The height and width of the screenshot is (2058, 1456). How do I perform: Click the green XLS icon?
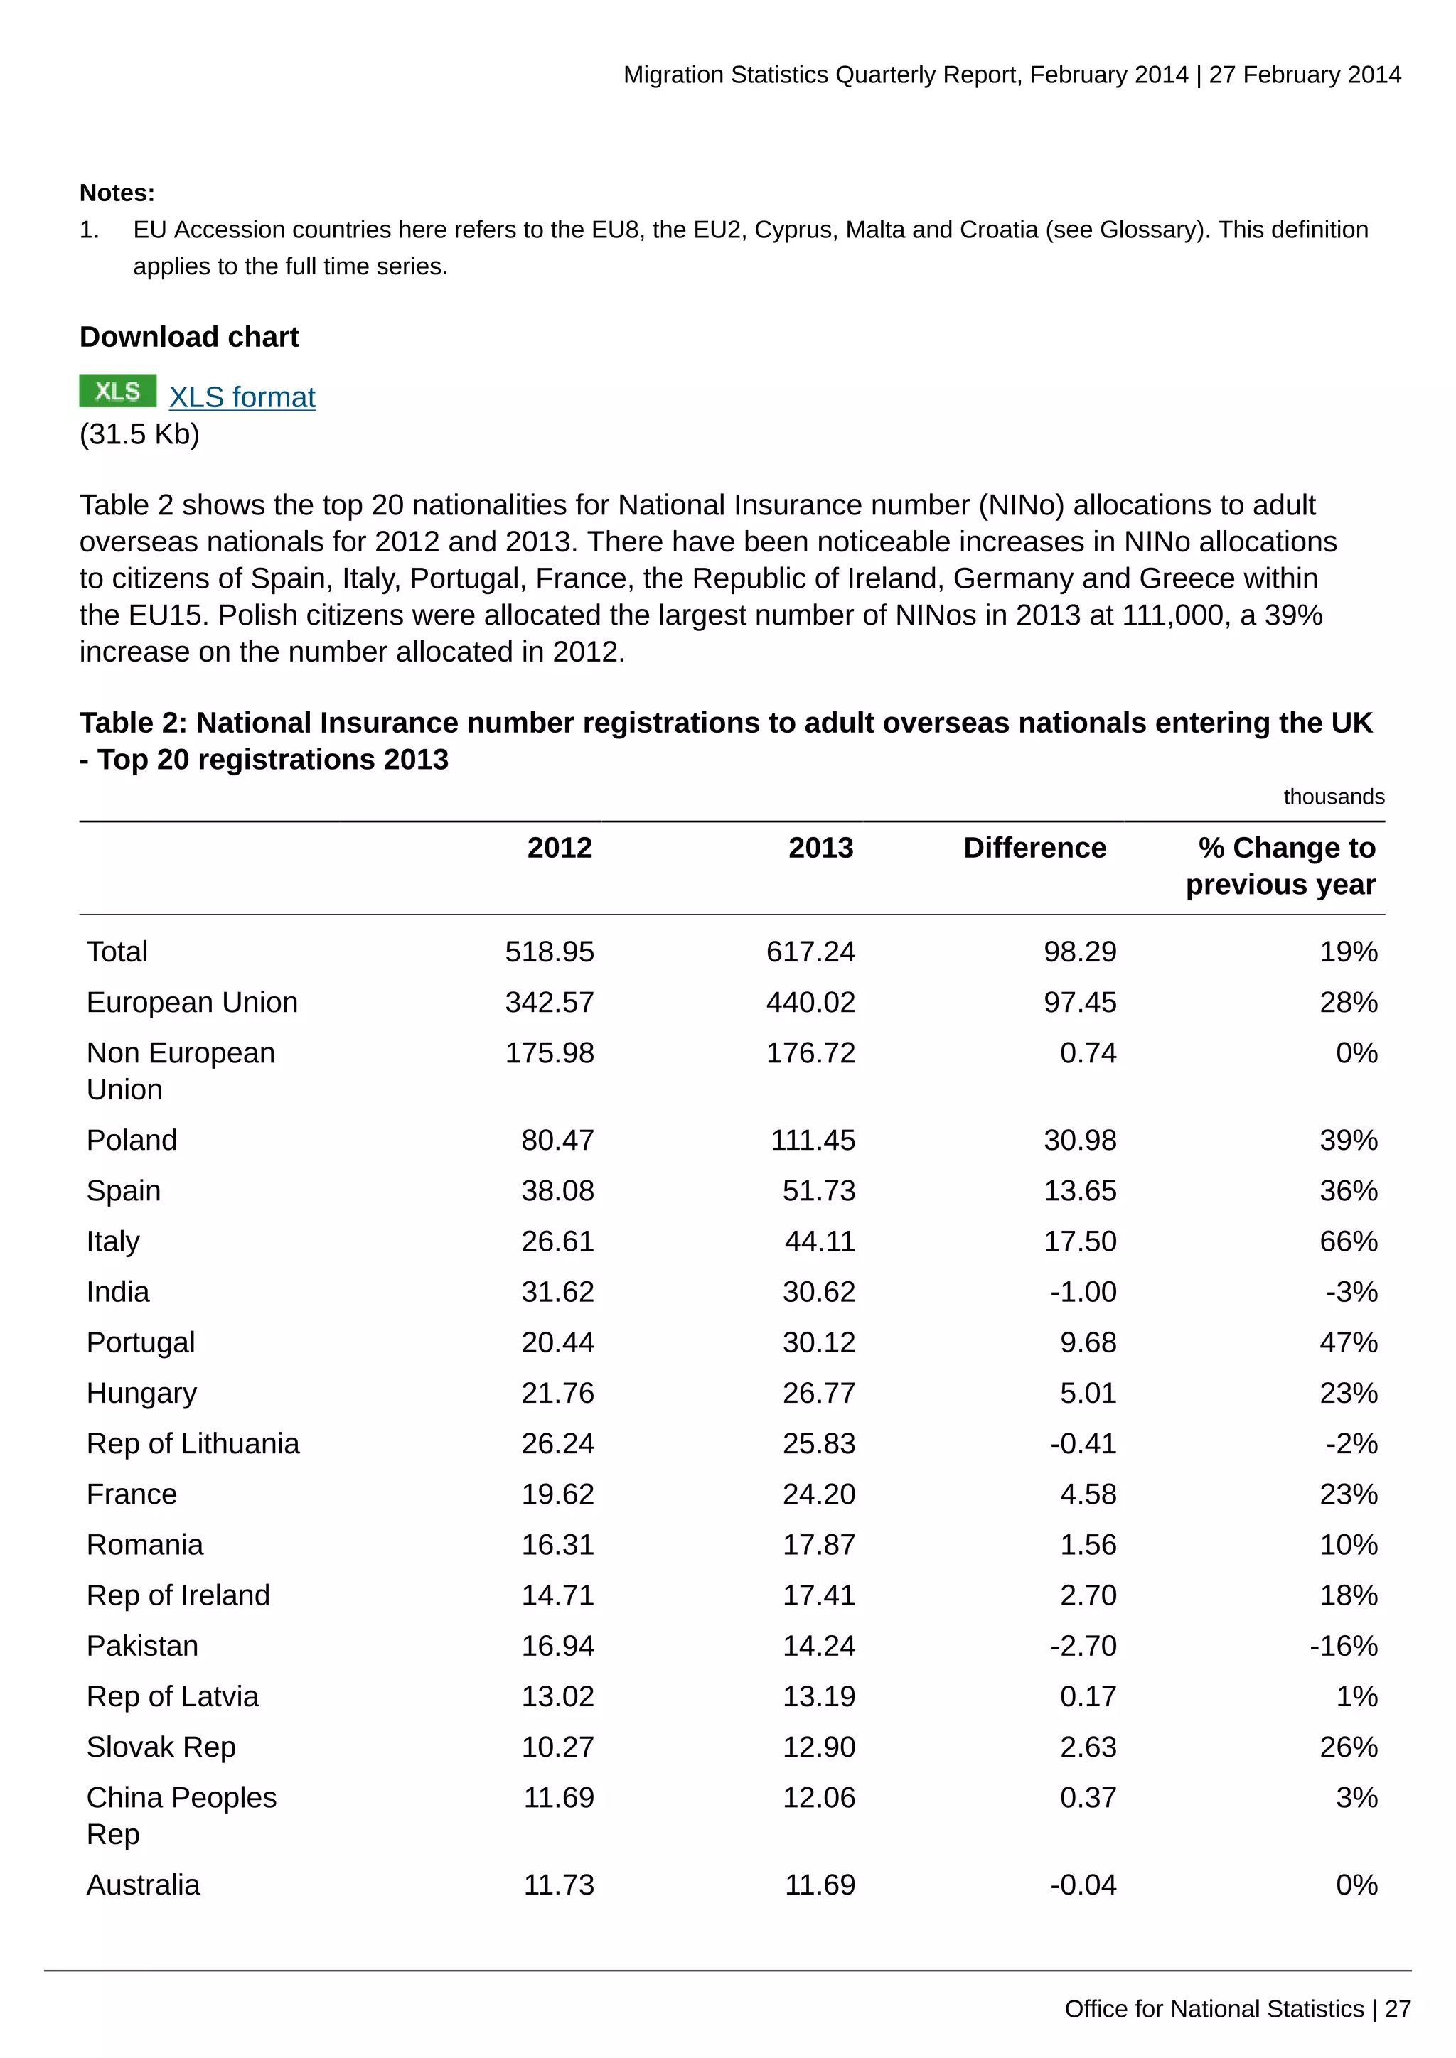point(117,391)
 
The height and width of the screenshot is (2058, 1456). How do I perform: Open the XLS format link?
point(242,397)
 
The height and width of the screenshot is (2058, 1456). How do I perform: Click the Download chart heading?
point(189,337)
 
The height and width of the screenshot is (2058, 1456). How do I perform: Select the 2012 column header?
point(560,848)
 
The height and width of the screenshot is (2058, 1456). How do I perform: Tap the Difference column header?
point(1034,848)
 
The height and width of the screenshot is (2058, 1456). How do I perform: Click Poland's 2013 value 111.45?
point(813,1140)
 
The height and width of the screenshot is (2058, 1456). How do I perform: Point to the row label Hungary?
point(141,1393)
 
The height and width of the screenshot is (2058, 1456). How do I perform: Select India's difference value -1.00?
point(1083,1292)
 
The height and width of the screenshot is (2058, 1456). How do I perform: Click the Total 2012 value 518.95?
point(549,952)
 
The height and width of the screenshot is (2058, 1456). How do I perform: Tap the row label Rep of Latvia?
point(172,1697)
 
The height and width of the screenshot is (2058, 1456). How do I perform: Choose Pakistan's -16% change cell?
point(1343,1646)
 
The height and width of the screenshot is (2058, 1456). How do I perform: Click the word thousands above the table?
point(1333,797)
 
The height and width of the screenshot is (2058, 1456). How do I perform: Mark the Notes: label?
point(117,193)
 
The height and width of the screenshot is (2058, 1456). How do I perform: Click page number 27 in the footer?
point(1398,2009)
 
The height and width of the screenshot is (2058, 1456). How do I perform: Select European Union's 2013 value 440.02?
point(810,1002)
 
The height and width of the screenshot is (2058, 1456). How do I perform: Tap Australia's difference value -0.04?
point(1083,1885)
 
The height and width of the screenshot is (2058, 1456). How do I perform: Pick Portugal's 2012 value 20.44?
point(557,1342)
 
